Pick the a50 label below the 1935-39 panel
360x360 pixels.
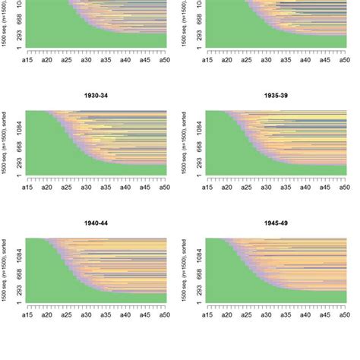[x=344, y=185]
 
